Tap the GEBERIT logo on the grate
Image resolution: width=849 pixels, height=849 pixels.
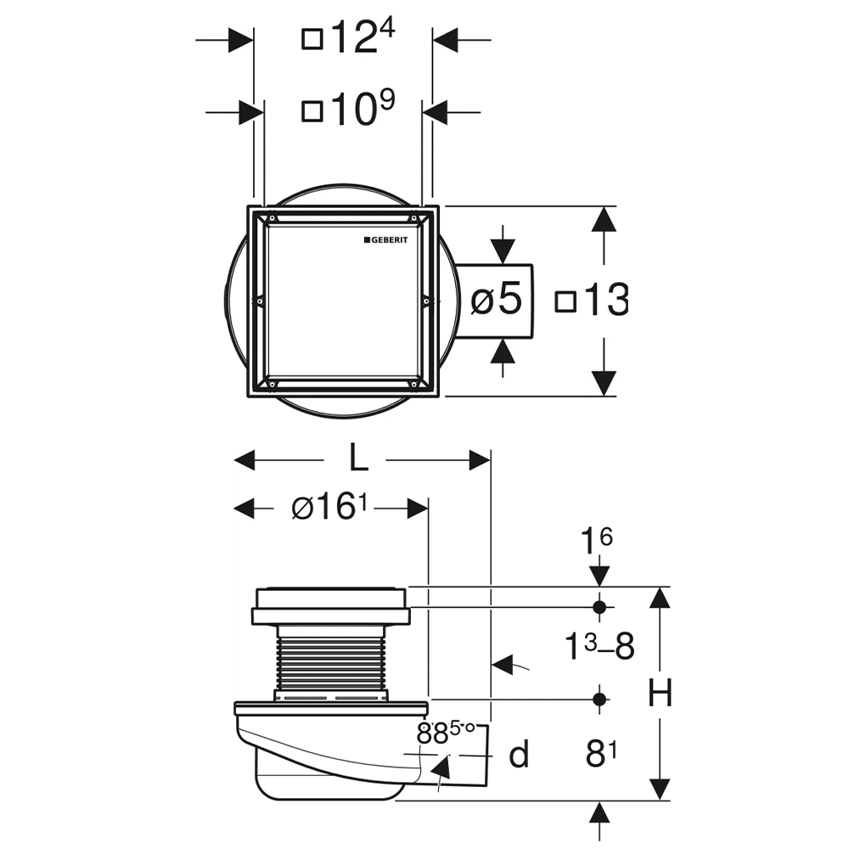(x=385, y=240)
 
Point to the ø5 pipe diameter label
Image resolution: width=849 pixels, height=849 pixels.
(x=496, y=298)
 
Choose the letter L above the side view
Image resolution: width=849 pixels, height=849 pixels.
(x=358, y=458)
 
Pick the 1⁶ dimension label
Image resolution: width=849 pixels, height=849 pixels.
(x=597, y=540)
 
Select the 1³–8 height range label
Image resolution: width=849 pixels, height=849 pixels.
(x=599, y=645)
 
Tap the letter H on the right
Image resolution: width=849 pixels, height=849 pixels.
(x=660, y=692)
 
